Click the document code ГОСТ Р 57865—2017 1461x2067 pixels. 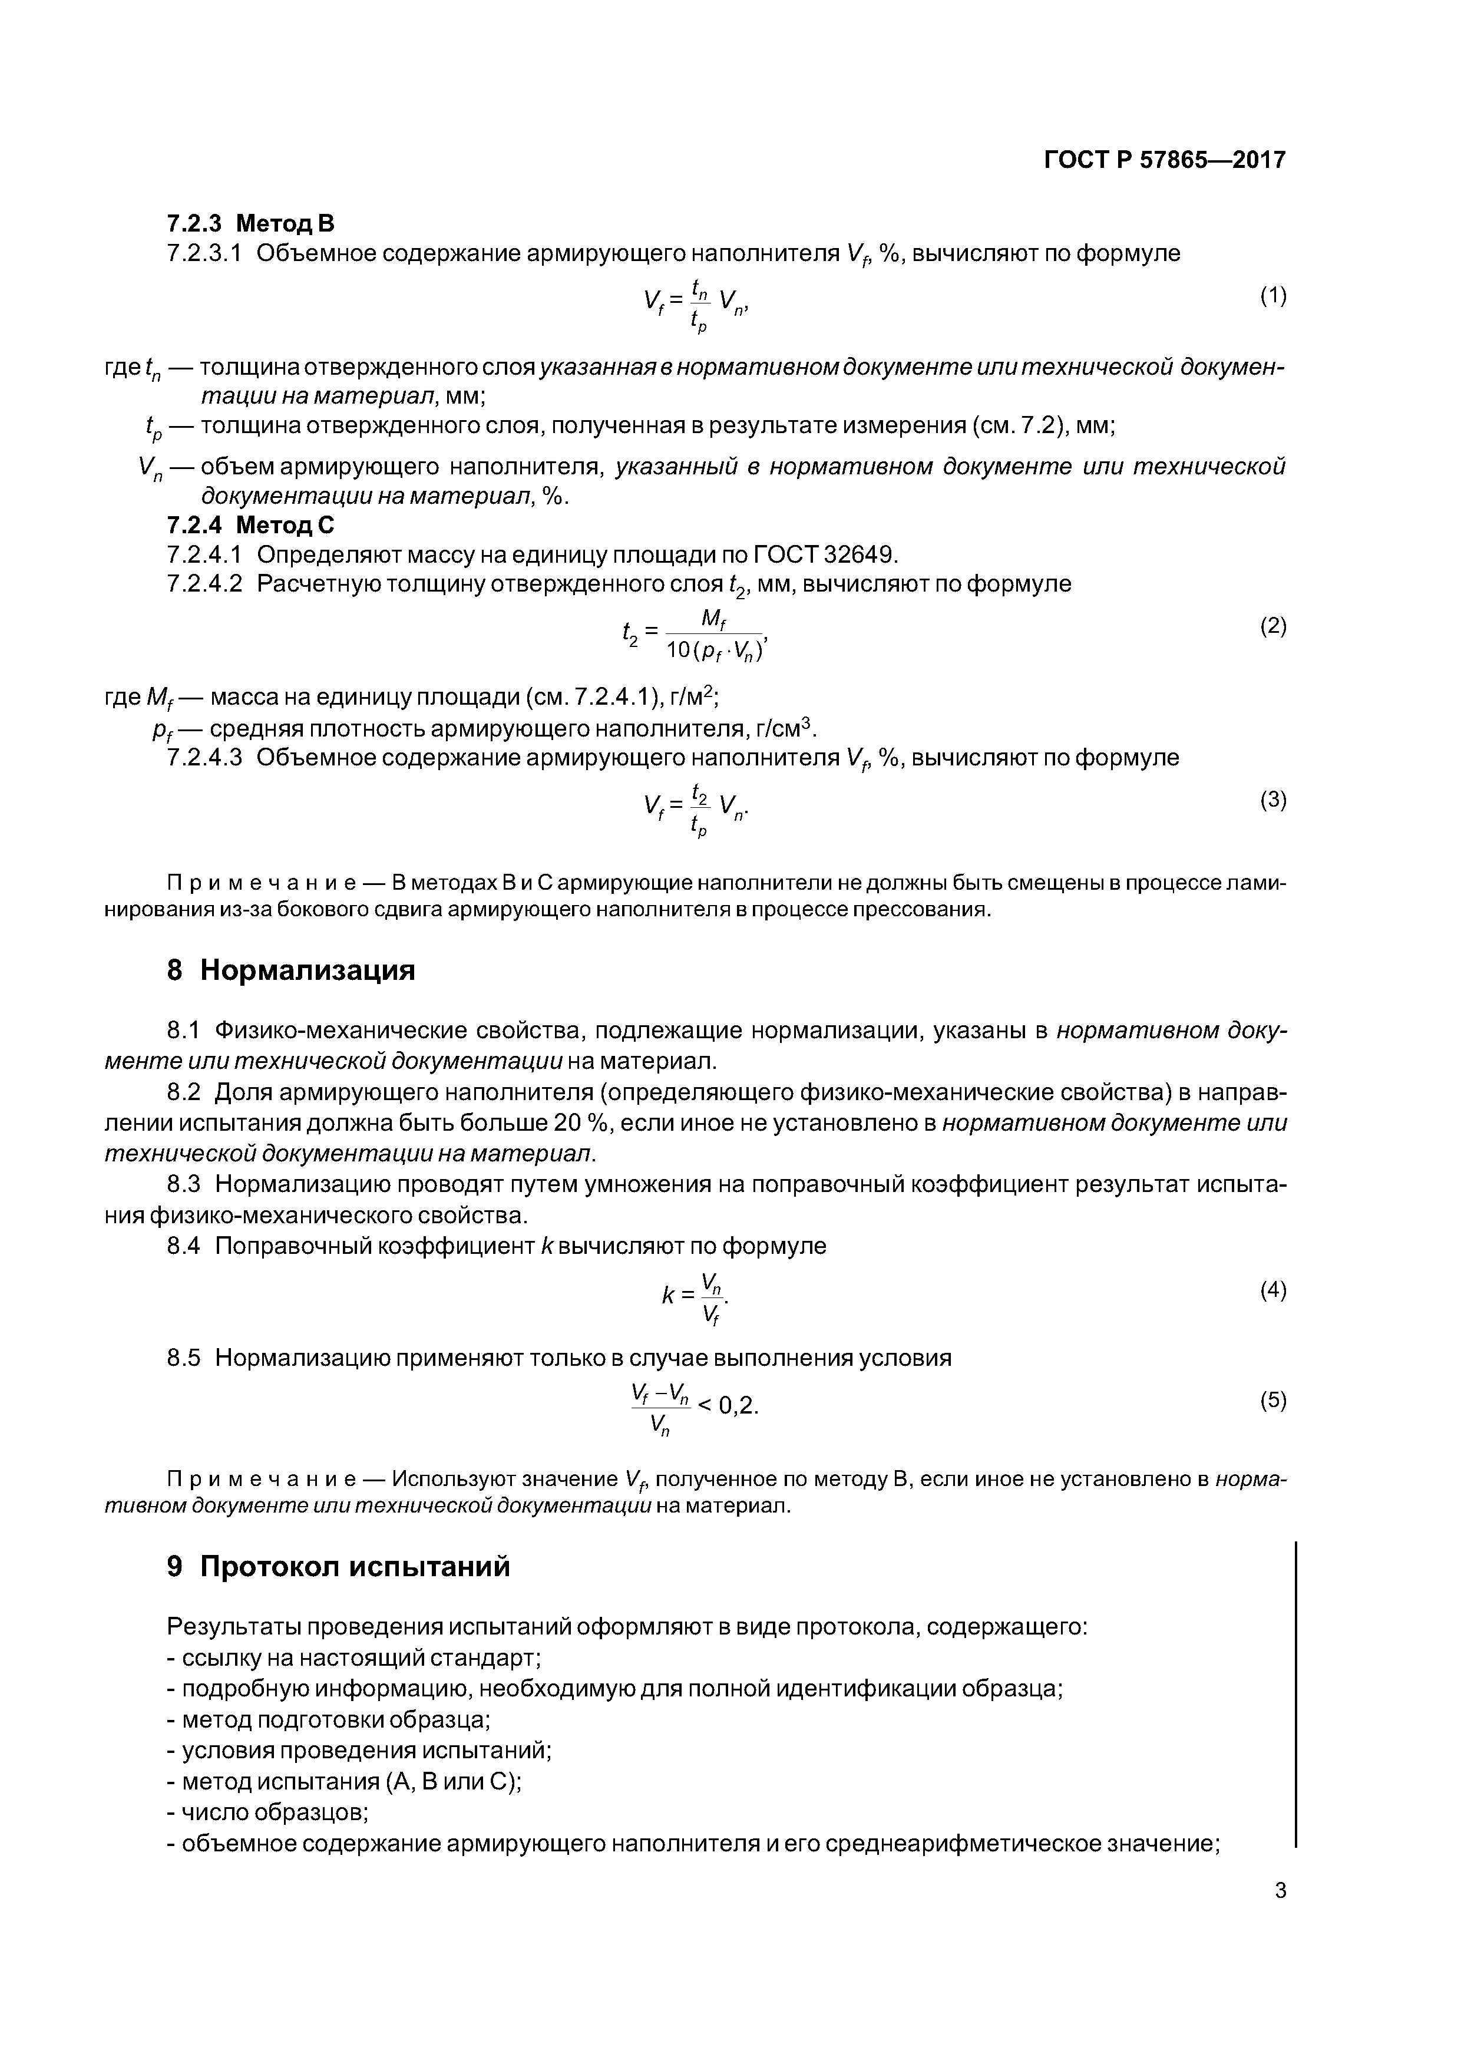1164,160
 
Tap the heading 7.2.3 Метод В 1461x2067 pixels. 250,222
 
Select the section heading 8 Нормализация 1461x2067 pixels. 291,970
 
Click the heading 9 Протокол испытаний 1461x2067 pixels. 339,1567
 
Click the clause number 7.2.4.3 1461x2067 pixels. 204,758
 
